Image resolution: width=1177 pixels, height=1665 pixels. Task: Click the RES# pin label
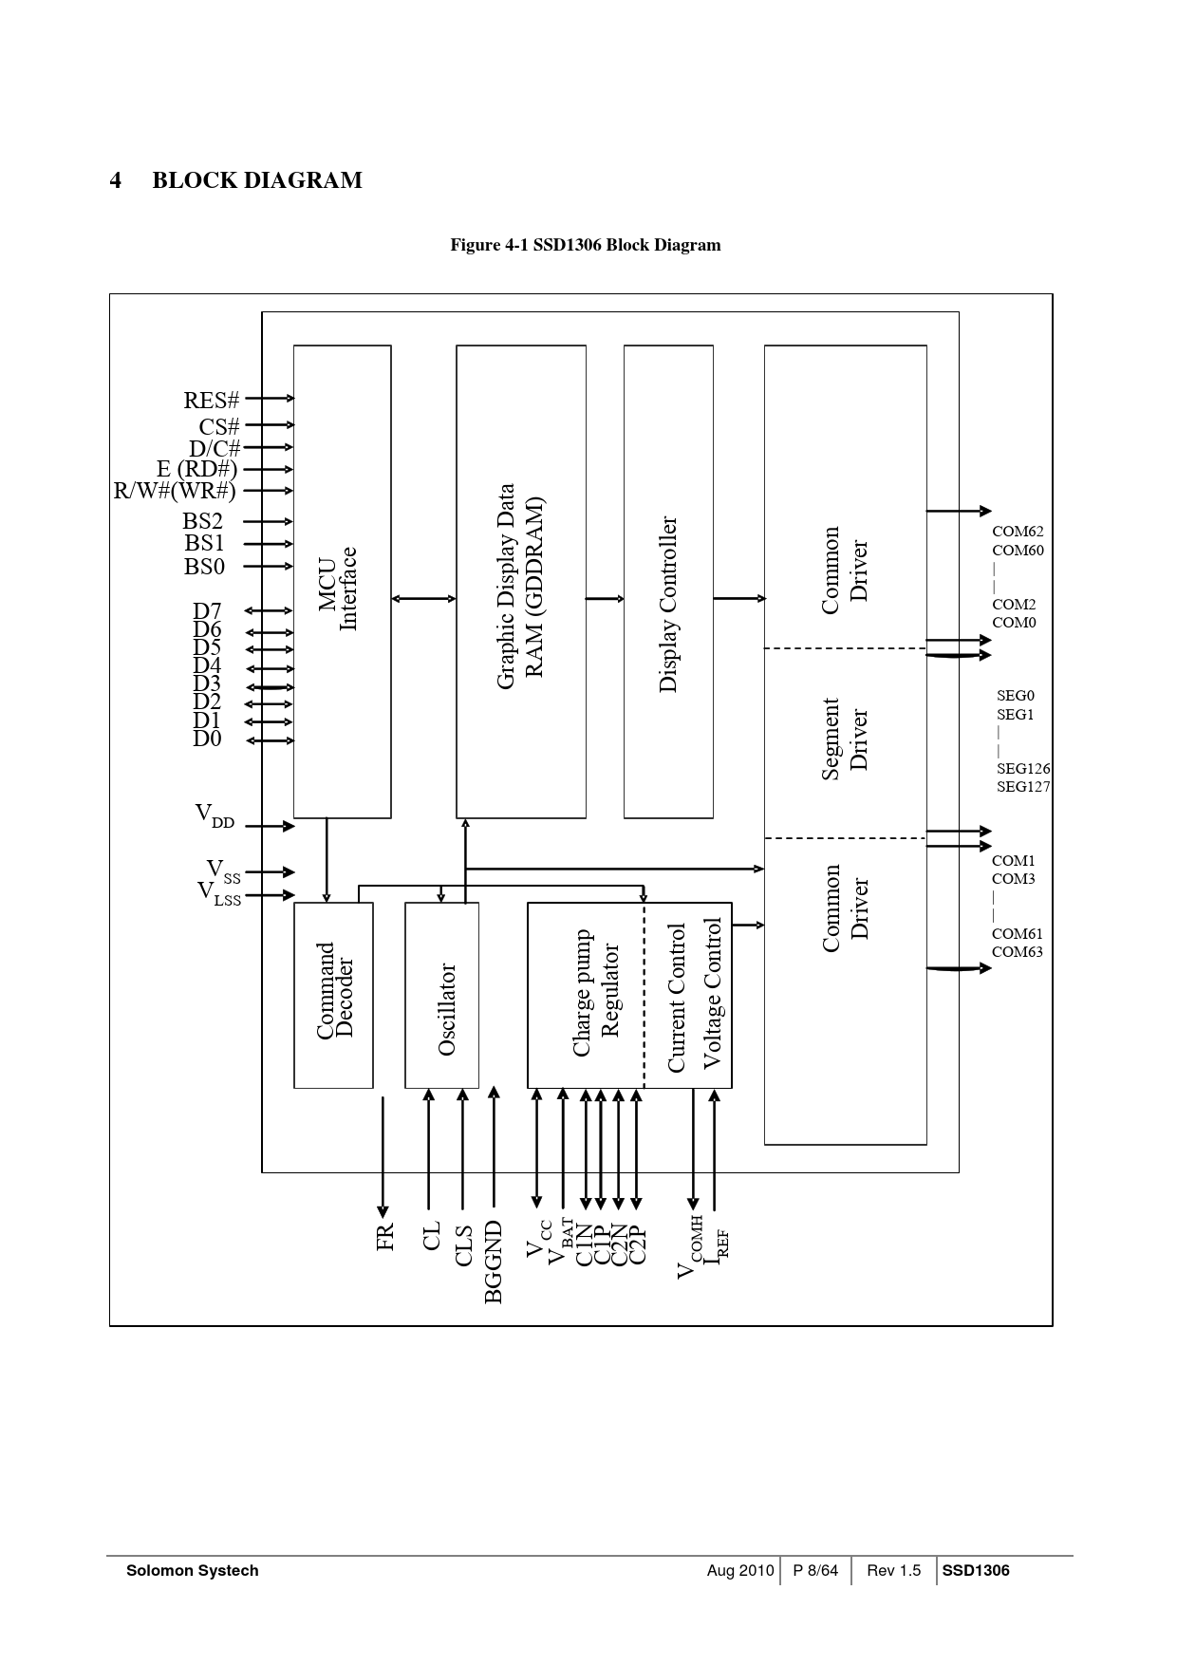[x=212, y=401]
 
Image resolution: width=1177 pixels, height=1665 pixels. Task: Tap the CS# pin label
[x=218, y=427]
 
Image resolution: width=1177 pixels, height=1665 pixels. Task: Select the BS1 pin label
[x=204, y=543]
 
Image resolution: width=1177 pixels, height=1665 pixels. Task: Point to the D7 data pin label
[x=207, y=611]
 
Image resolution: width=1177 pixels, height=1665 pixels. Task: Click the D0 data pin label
[x=207, y=739]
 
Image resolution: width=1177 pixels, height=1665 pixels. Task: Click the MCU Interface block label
[x=338, y=589]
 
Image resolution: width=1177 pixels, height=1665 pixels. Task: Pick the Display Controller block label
[x=668, y=604]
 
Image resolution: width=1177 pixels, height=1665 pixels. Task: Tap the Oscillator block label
[x=447, y=1009]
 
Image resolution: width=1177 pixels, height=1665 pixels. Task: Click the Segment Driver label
[x=845, y=739]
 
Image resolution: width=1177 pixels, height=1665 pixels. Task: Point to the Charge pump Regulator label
[x=595, y=993]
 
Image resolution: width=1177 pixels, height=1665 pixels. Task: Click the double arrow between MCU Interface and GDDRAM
[x=423, y=599]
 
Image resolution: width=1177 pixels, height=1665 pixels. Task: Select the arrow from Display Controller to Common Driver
[x=738, y=599]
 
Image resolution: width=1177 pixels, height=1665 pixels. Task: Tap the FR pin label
[x=384, y=1237]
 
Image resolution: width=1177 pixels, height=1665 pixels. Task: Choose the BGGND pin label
[x=494, y=1262]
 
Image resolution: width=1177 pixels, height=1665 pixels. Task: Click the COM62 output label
[x=1018, y=533]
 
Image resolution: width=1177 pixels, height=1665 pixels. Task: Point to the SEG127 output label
[x=1023, y=787]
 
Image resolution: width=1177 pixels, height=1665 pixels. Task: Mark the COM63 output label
[x=1018, y=952]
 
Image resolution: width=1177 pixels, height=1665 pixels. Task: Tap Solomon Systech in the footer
[x=193, y=1571]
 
